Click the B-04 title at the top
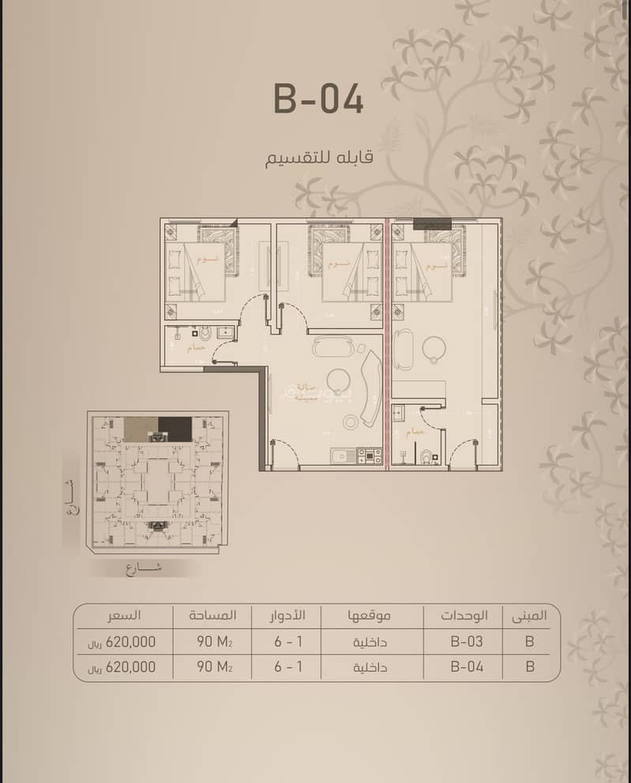318,99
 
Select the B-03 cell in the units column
466,641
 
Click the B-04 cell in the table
466,666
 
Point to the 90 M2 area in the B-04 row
214,666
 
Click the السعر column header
125,615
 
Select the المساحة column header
212,615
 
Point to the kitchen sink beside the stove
341,455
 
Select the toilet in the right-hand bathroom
427,455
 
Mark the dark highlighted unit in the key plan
175,429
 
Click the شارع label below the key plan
142,568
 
